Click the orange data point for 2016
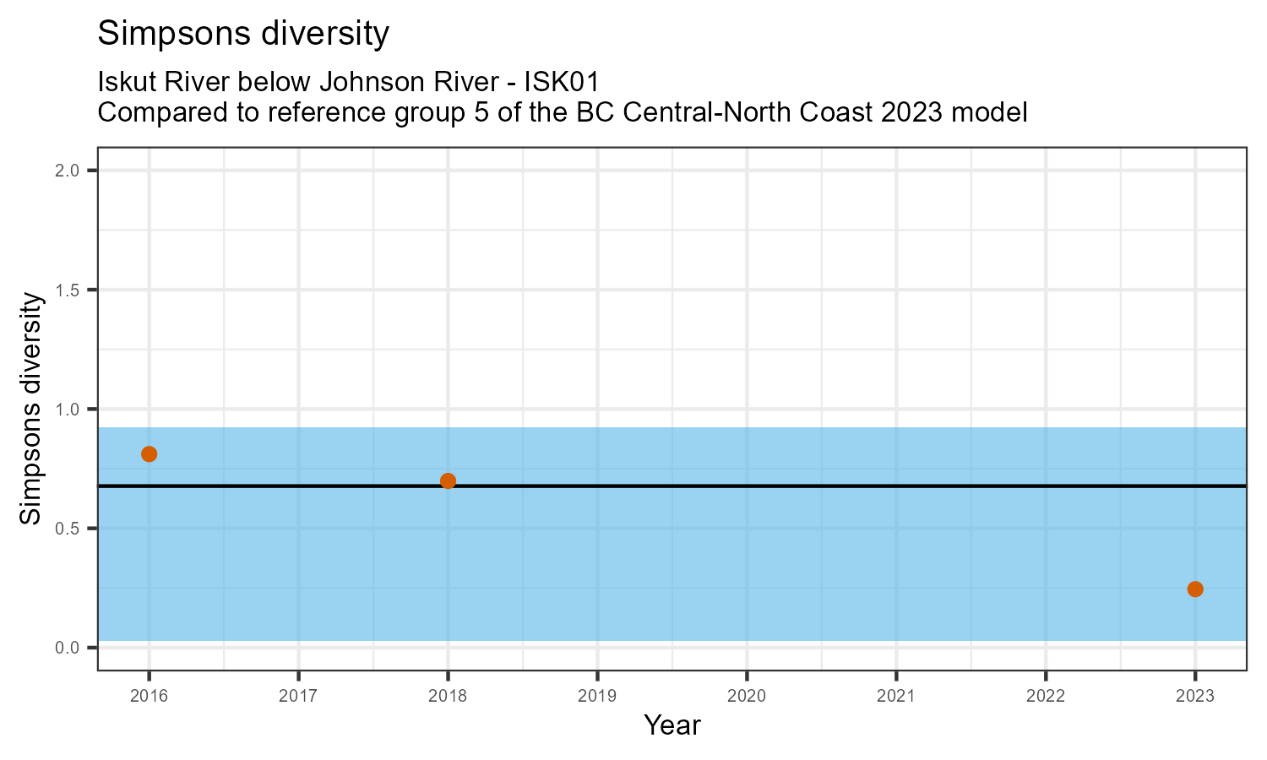pyautogui.click(x=150, y=454)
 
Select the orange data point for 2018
pyautogui.click(x=449, y=481)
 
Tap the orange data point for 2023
pyautogui.click(x=1195, y=589)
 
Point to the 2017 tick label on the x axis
pyautogui.click(x=298, y=697)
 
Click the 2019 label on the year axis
pyautogui.click(x=597, y=697)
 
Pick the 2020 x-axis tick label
pyautogui.click(x=747, y=697)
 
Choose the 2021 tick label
pyautogui.click(x=896, y=697)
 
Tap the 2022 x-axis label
pyautogui.click(x=1046, y=697)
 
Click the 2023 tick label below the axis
pyautogui.click(x=1195, y=697)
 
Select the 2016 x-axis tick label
pyautogui.click(x=150, y=697)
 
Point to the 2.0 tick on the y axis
pyautogui.click(x=68, y=171)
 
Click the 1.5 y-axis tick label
pyautogui.click(x=68, y=290)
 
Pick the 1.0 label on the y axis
pyautogui.click(x=68, y=410)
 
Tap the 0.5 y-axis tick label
pyautogui.click(x=68, y=529)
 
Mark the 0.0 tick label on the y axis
pyautogui.click(x=68, y=648)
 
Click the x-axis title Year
pyautogui.click(x=672, y=725)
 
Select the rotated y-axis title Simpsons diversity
pyautogui.click(x=31, y=409)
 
